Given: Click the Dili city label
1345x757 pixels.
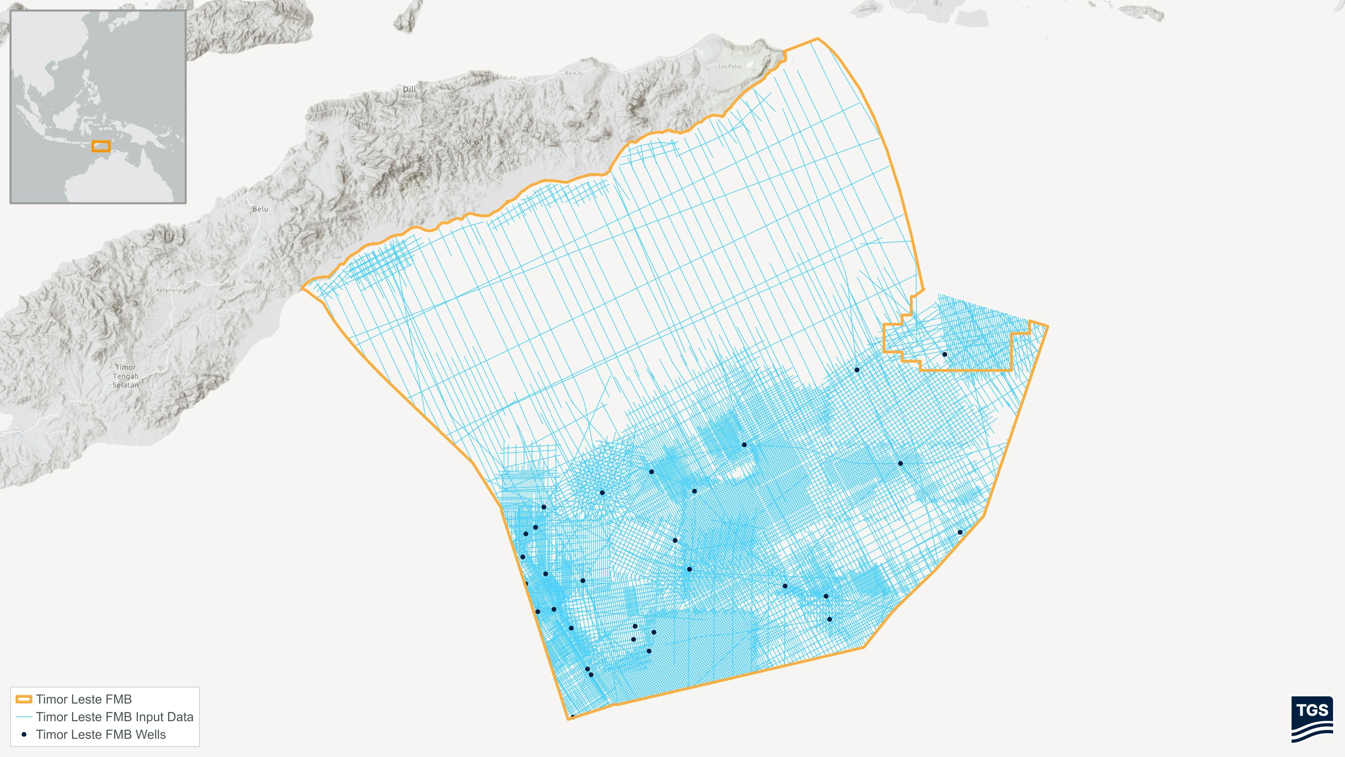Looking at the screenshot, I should [x=409, y=89].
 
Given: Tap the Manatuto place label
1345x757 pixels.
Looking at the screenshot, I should [x=504, y=78].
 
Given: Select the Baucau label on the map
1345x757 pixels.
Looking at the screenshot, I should [x=574, y=73].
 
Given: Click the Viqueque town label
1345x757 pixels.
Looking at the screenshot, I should [x=568, y=141].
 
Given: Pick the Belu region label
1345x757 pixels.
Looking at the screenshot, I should [x=260, y=209].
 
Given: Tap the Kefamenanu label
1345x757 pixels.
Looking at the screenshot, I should [x=172, y=290].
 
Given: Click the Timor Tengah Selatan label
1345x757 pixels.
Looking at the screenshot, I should [x=126, y=376].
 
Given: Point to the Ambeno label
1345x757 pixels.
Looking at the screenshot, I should [x=141, y=247].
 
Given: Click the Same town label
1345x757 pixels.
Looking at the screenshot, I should [x=424, y=186].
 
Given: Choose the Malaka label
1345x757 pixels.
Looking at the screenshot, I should [x=253, y=282].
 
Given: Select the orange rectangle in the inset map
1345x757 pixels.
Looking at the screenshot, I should [x=101, y=146].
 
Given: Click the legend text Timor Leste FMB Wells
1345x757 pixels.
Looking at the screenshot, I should [x=101, y=734].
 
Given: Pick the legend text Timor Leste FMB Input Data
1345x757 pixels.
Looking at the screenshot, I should [x=114, y=717].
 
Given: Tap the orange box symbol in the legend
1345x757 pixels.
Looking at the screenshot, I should [x=24, y=699].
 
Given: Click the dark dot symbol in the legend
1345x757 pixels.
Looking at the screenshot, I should [x=24, y=734].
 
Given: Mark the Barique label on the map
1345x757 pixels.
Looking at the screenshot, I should [x=515, y=154].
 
